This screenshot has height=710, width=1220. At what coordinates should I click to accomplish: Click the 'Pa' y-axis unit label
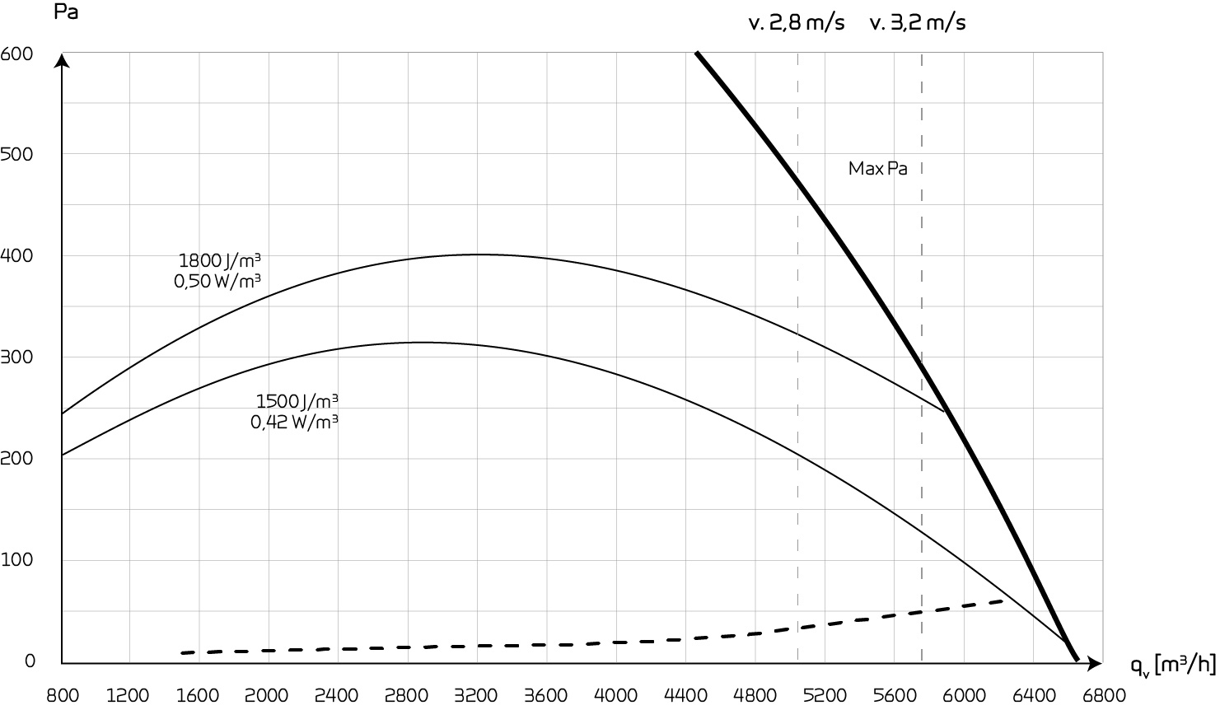point(66,13)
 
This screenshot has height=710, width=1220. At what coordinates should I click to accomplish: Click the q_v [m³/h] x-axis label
point(1173,664)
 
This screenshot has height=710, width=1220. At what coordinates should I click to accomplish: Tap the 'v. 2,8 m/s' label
point(796,23)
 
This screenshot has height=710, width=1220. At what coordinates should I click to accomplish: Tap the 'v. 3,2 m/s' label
point(918,23)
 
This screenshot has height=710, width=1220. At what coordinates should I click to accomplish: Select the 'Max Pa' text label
point(877,169)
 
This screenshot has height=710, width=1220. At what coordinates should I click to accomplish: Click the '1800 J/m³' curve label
point(219,261)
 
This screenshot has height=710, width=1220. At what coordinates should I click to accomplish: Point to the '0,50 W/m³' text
point(217,281)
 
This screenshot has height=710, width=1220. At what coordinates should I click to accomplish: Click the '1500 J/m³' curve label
point(297,402)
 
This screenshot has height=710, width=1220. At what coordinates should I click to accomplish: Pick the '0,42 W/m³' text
point(294,422)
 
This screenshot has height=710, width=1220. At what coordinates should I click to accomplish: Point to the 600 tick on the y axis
point(16,54)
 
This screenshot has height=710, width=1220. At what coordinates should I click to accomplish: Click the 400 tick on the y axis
point(16,256)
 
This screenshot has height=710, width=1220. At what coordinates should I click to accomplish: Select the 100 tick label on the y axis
point(16,560)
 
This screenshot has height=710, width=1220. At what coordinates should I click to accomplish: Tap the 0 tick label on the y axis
point(30,661)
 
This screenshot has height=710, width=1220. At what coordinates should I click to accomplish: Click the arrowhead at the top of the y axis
point(62,59)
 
